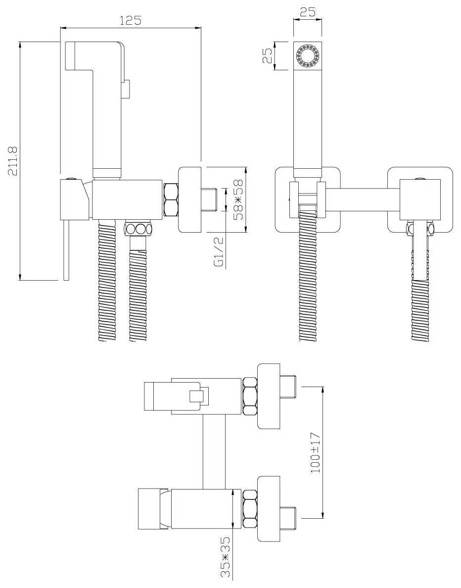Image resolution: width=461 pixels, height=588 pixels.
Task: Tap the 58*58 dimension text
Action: click(x=237, y=199)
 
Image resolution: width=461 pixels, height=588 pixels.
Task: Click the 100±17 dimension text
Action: click(x=316, y=452)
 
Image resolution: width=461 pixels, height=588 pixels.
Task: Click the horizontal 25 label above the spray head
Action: click(x=308, y=12)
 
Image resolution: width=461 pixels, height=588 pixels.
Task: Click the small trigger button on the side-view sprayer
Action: click(x=126, y=89)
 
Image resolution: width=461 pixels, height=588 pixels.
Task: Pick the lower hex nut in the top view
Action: click(x=250, y=509)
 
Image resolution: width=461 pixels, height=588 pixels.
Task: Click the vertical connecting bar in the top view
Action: click(x=214, y=452)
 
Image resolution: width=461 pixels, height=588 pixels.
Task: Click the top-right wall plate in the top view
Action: click(x=269, y=396)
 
